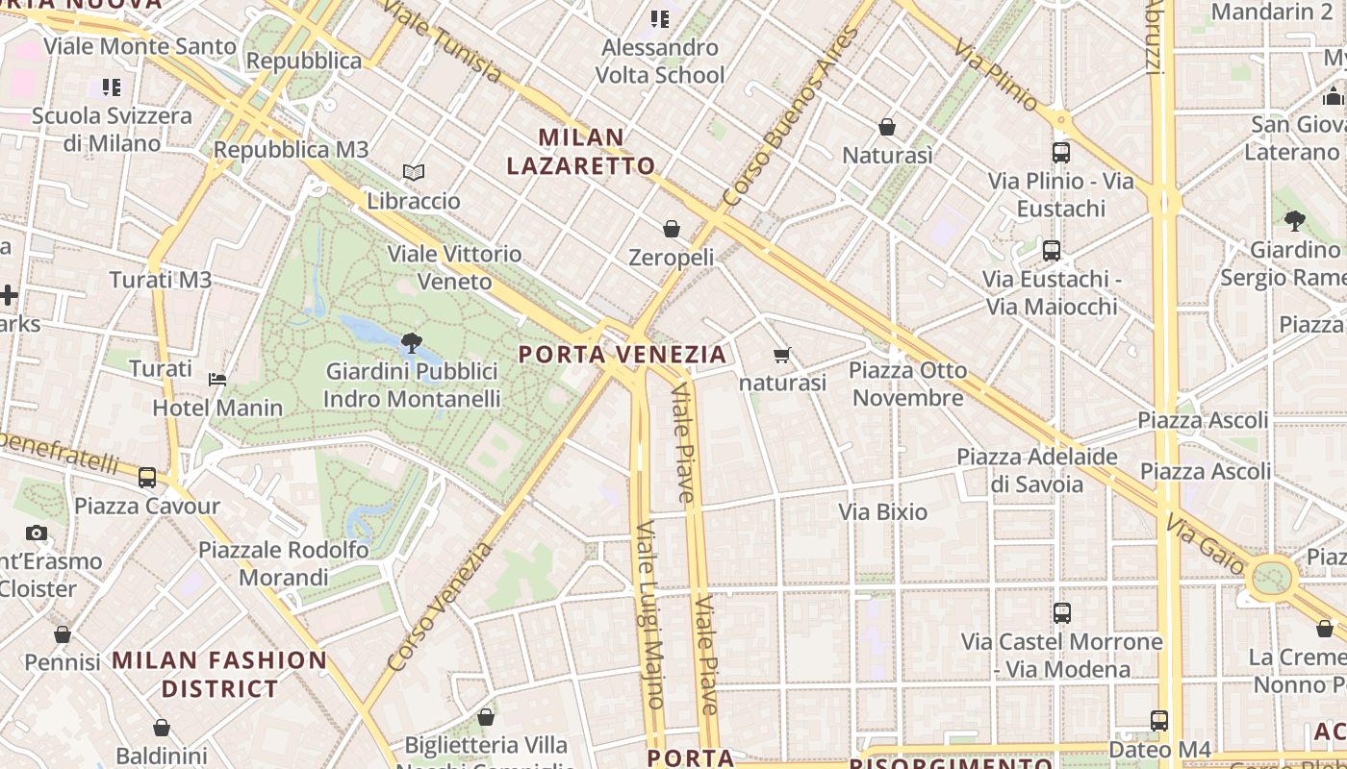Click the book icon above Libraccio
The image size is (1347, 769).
pyautogui.click(x=414, y=172)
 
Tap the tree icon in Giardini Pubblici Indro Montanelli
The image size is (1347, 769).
pyautogui.click(x=411, y=342)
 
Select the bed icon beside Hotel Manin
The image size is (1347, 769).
pyautogui.click(x=217, y=379)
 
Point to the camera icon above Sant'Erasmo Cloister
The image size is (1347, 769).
pyautogui.click(x=37, y=533)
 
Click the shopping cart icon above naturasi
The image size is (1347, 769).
pyautogui.click(x=782, y=355)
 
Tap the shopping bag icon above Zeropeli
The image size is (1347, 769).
pyautogui.click(x=672, y=229)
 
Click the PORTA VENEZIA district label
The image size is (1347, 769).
pyautogui.click(x=623, y=355)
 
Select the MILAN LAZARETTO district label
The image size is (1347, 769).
pyautogui.click(x=581, y=152)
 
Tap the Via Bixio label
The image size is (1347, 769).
pyautogui.click(x=882, y=511)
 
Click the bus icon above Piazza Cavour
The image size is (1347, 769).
pyautogui.click(x=147, y=477)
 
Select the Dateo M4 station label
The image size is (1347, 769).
pyautogui.click(x=1154, y=749)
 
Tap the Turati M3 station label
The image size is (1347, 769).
pyautogui.click(x=160, y=280)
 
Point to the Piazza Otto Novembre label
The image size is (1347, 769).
pyautogui.click(x=907, y=384)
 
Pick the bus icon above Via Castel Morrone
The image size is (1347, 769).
pyautogui.click(x=1062, y=612)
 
